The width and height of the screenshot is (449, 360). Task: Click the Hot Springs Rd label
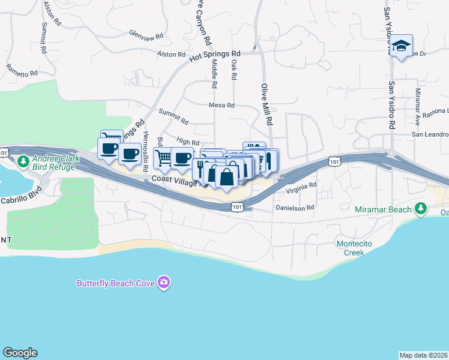click(214, 56)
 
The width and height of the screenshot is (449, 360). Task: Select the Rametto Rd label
click(22, 70)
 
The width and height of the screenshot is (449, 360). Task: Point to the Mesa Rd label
click(221, 105)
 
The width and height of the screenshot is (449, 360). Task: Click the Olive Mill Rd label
click(267, 104)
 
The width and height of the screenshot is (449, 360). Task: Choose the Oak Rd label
click(234, 70)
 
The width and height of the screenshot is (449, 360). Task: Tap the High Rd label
click(188, 142)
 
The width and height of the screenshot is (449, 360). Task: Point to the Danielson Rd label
click(295, 208)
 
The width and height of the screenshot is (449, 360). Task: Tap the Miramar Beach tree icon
click(421, 209)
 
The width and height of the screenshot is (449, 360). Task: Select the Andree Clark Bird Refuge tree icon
click(23, 161)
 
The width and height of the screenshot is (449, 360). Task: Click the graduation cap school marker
click(402, 46)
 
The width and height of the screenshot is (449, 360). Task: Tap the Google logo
click(20, 353)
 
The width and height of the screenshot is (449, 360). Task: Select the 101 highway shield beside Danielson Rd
click(238, 207)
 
